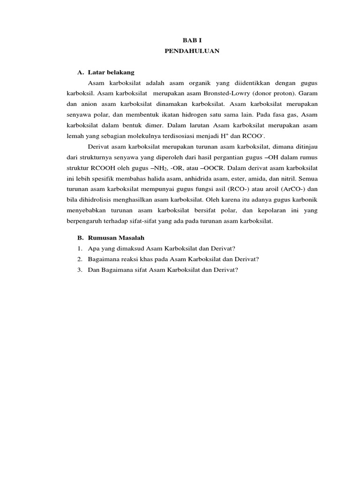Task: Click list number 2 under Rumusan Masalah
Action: click(81, 259)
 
